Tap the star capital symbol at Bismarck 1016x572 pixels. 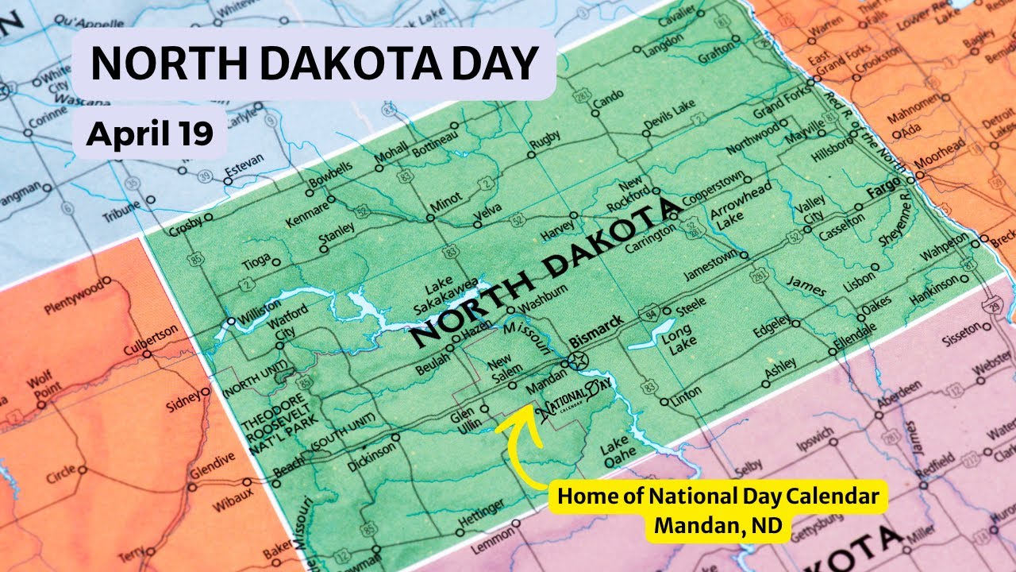pyautogui.click(x=578, y=360)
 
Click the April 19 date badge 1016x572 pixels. pyautogui.click(x=150, y=133)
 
